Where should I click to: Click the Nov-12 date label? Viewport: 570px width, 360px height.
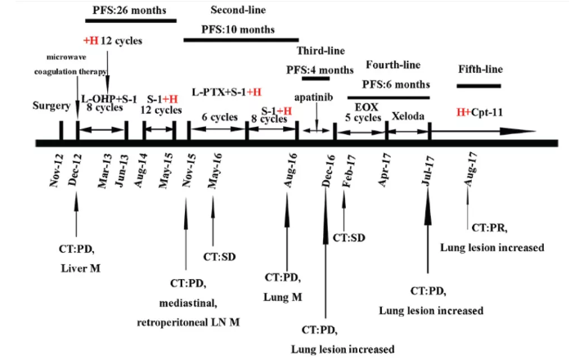click(x=58, y=169)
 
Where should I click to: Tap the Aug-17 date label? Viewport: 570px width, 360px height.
click(x=470, y=169)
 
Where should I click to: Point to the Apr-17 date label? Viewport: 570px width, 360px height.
click(x=384, y=169)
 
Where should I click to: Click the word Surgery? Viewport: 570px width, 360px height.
click(x=53, y=106)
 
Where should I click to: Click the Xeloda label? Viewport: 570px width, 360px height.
click(x=408, y=116)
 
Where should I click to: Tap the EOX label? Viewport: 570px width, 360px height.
click(x=363, y=106)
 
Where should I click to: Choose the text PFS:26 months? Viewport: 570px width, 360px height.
click(x=130, y=10)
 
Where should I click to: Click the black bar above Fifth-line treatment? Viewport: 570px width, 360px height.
click(x=482, y=85)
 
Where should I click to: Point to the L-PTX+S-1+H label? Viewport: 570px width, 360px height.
click(x=227, y=92)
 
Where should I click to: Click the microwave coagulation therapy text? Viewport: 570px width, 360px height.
click(x=74, y=62)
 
